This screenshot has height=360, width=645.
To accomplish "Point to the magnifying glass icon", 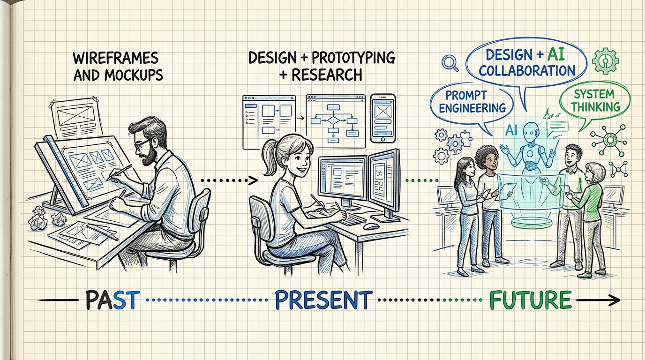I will (450, 63).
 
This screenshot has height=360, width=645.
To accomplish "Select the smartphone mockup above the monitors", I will (383, 118).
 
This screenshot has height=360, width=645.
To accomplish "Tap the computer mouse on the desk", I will (371, 226).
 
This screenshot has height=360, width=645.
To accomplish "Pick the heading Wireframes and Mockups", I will (118, 67).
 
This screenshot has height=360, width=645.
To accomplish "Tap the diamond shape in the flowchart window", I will (333, 120).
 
